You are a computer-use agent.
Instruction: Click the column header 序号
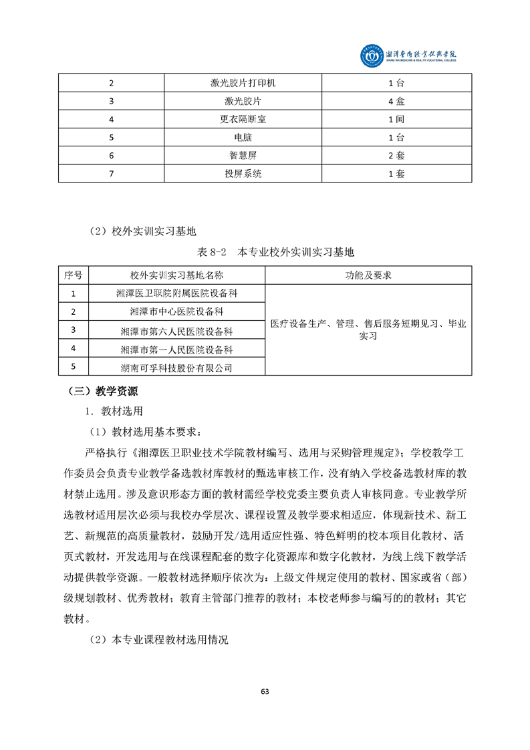point(74,275)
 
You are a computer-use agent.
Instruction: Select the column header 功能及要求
point(368,275)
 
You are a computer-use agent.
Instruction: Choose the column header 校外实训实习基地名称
point(177,275)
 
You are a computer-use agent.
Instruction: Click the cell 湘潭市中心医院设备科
point(177,311)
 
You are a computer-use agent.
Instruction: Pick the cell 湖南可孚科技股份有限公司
point(177,368)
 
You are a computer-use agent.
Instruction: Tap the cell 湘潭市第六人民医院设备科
point(177,330)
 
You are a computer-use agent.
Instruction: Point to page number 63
point(265,691)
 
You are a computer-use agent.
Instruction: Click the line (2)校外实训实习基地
point(143,231)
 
